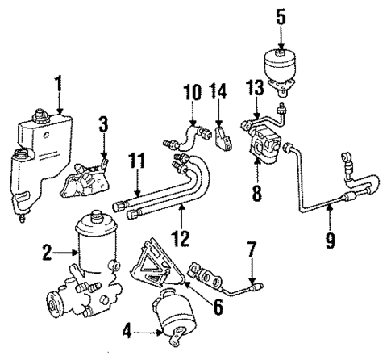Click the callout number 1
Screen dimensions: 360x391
coord(58,83)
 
